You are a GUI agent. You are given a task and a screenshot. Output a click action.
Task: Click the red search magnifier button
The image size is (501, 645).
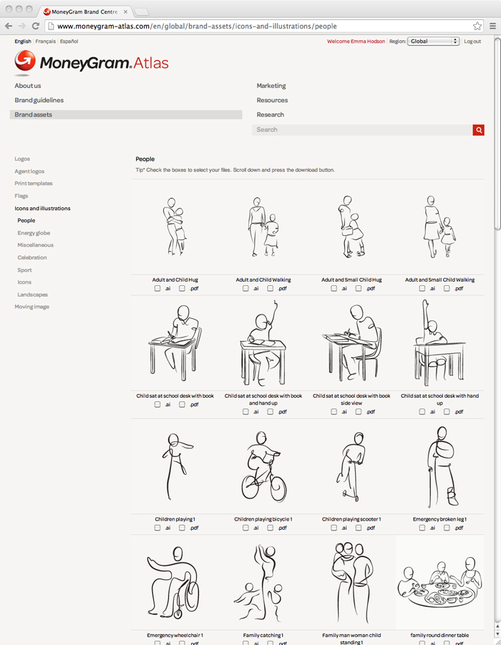pos(478,130)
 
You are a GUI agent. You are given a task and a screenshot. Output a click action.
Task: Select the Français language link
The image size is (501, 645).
pos(45,41)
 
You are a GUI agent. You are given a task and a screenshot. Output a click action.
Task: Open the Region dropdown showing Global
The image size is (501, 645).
pos(433,41)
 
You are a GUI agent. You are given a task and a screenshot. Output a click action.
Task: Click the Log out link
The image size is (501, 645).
pos(472,41)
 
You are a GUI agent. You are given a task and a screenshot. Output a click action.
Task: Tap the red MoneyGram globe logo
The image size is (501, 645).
pos(25,61)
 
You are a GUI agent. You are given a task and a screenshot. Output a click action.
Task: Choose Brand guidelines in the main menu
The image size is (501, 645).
pos(39,100)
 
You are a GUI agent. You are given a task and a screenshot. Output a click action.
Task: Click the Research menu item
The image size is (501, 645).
pos(270,114)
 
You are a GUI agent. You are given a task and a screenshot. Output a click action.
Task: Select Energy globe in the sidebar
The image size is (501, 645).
pos(34,233)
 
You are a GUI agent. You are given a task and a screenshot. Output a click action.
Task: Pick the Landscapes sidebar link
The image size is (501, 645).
pos(32,295)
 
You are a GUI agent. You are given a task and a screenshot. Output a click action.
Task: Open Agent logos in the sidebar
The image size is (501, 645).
pos(29,171)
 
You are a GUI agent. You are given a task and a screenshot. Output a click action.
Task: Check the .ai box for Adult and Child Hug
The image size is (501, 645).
pos(157,288)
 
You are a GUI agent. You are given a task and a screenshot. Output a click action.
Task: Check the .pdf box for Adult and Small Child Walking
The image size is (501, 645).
pos(447,288)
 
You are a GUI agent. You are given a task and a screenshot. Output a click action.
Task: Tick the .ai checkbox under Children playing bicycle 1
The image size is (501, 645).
pos(245,528)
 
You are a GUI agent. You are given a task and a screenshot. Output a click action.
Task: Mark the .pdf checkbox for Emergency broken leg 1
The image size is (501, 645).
pos(447,528)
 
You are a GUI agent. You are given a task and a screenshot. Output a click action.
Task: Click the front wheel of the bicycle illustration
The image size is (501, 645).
pos(277,488)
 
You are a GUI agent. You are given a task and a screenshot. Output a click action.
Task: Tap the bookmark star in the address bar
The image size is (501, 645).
pos(477,26)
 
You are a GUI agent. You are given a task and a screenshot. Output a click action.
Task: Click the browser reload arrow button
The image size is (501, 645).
pos(36,26)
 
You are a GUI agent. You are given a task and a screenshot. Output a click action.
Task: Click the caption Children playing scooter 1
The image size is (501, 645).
pos(351,519)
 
